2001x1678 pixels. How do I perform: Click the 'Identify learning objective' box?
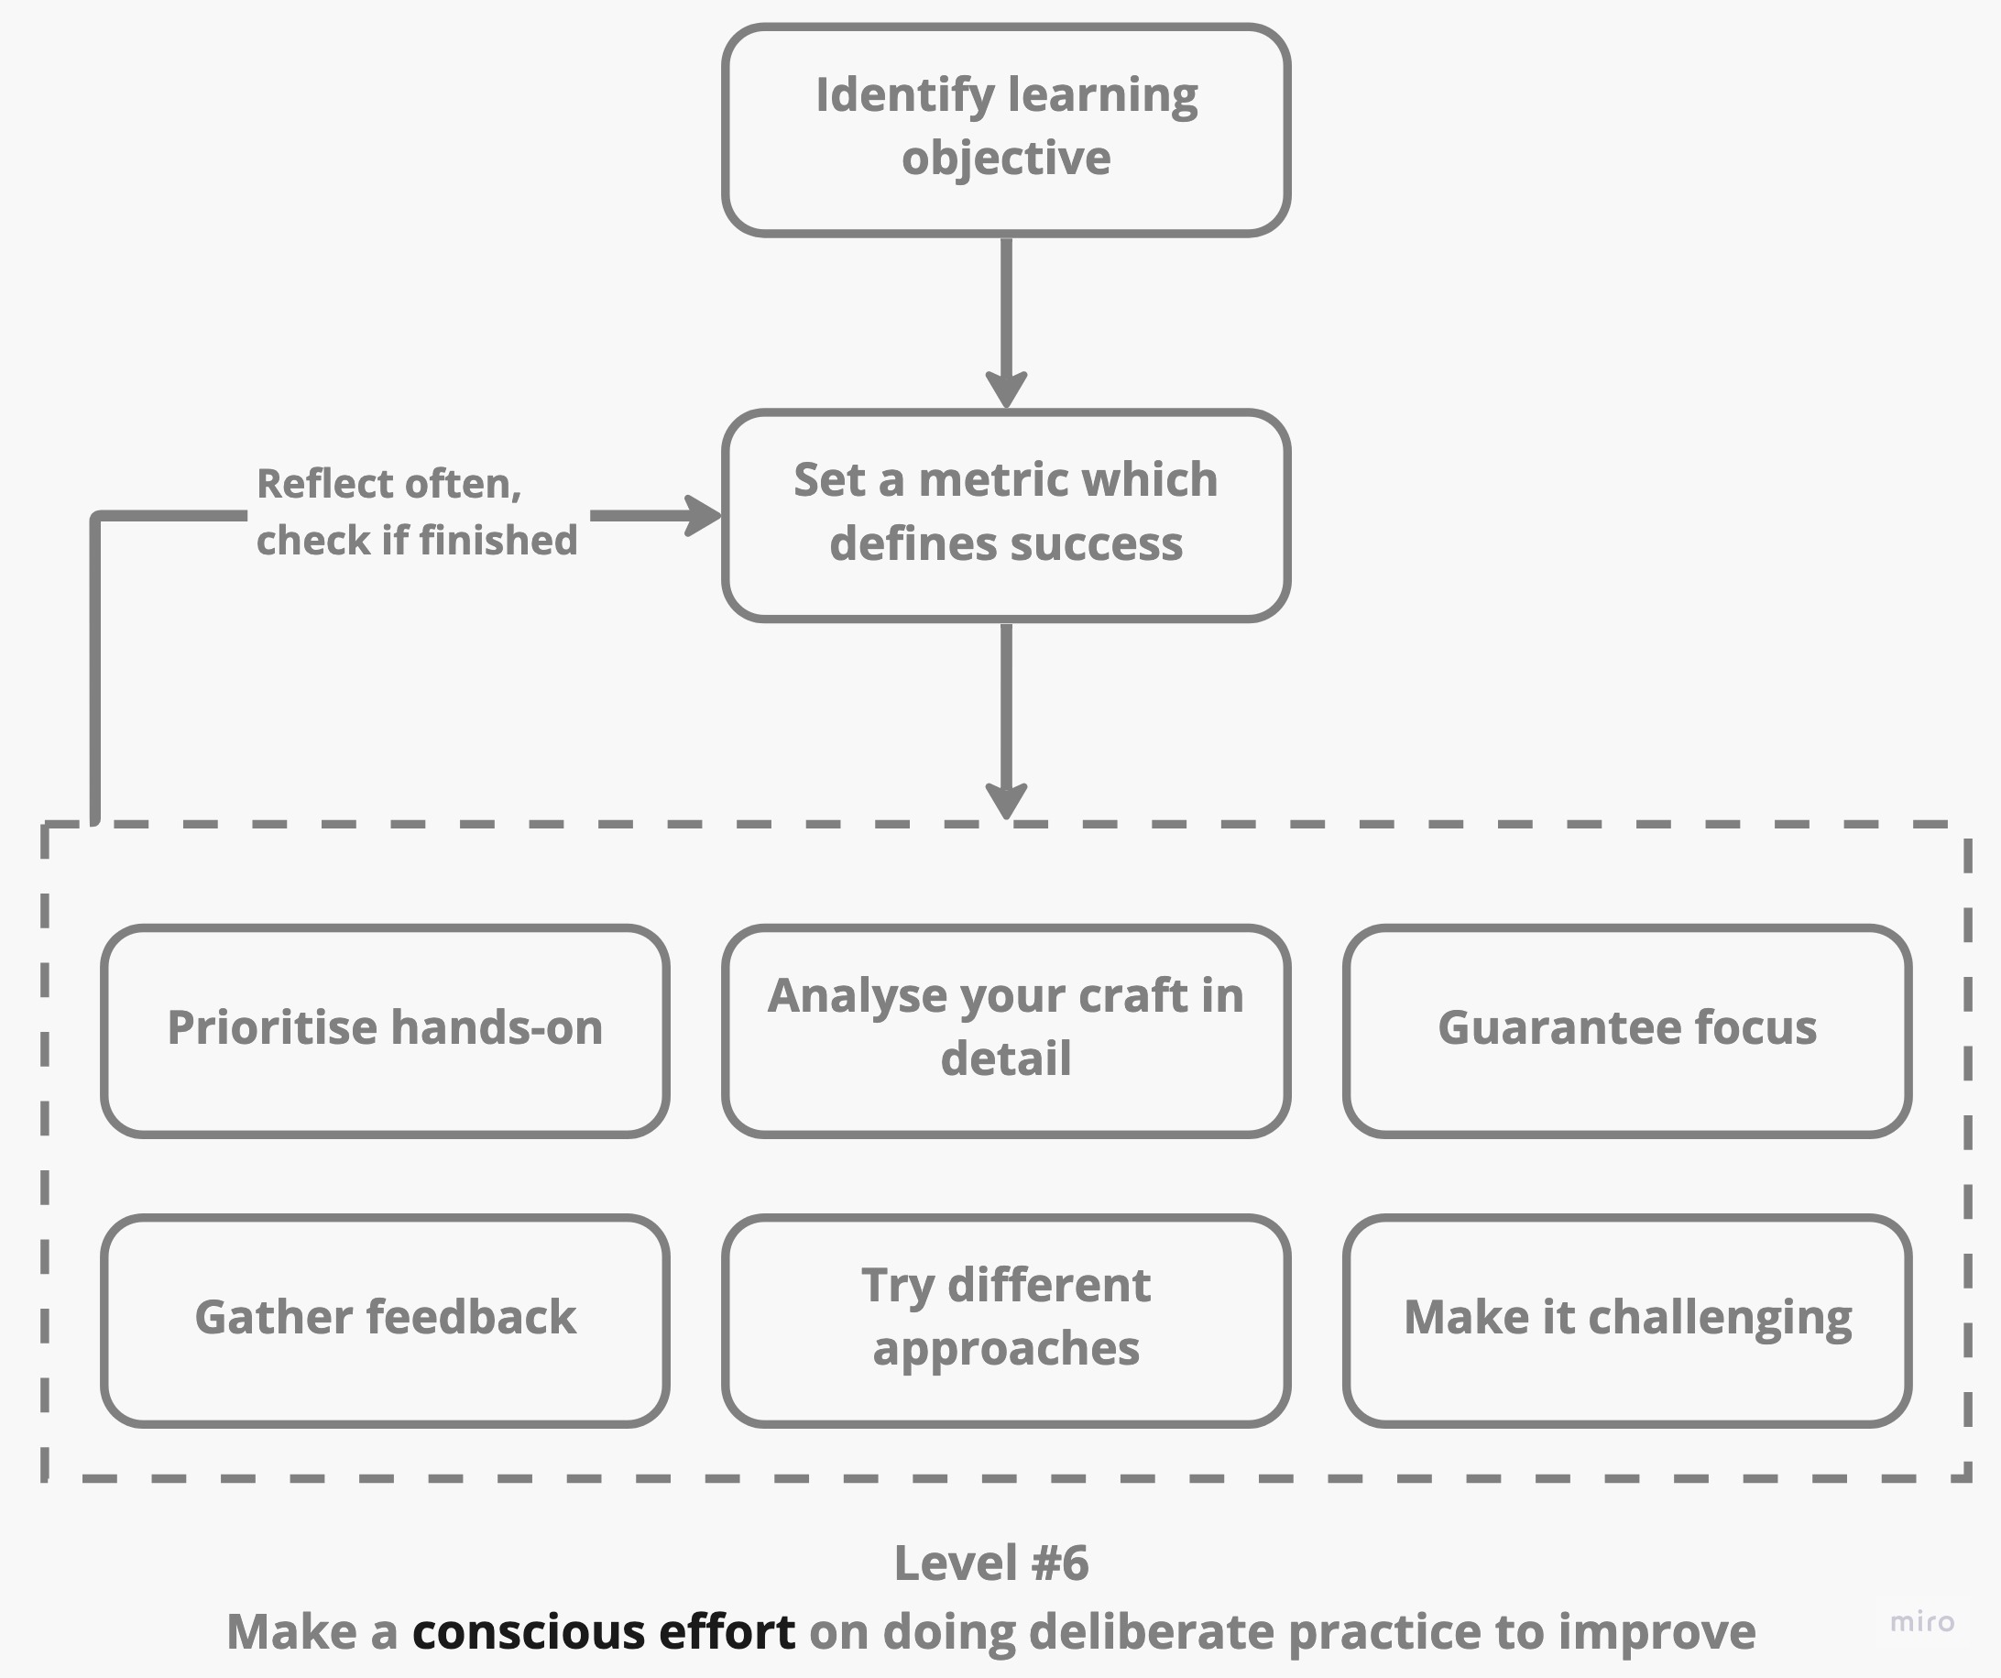(x=1005, y=129)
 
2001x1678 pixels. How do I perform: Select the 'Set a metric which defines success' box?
(x=1005, y=516)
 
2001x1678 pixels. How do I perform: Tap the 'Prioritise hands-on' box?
(x=385, y=1031)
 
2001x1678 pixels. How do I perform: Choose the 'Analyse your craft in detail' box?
(x=1005, y=1031)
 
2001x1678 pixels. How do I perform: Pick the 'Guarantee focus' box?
(x=1626, y=1031)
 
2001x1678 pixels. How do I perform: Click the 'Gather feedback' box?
(x=385, y=1321)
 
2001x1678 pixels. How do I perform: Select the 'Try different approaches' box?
(x=1005, y=1321)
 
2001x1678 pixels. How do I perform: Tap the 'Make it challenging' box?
(x=1626, y=1321)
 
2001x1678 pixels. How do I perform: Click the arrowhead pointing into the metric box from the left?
(x=705, y=516)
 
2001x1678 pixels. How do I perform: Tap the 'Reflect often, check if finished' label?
(x=416, y=511)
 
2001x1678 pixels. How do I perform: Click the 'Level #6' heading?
(x=991, y=1563)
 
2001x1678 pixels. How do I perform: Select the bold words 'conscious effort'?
(x=603, y=1632)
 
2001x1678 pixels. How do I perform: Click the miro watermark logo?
(x=1922, y=1622)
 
